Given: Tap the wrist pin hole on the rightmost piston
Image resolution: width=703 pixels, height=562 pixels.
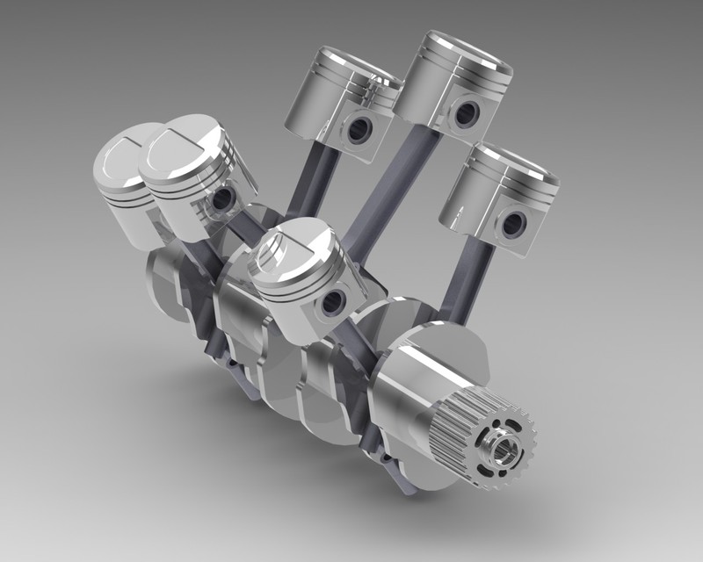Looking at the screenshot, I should click(511, 224).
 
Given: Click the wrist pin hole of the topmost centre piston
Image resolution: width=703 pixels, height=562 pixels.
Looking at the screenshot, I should click(466, 112).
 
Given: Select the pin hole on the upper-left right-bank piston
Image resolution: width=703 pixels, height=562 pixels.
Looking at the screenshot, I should click(359, 130).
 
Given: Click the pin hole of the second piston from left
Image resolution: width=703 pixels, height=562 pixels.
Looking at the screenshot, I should click(221, 197).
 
